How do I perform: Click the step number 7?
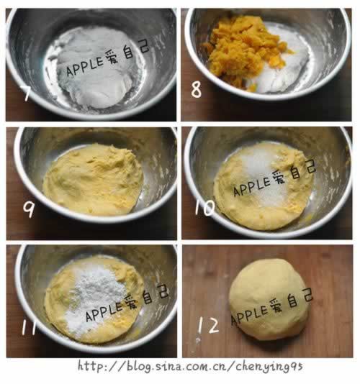click(27, 93)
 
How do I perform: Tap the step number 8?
click(196, 89)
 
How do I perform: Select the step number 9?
click(29, 209)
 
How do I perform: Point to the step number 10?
click(204, 207)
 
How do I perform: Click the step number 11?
click(29, 327)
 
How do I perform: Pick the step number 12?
click(208, 325)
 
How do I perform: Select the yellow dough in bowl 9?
click(93, 180)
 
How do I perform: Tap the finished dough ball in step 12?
click(269, 300)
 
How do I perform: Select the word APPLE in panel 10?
click(252, 187)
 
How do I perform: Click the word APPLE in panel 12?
click(249, 315)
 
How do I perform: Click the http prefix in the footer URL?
click(89, 366)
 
